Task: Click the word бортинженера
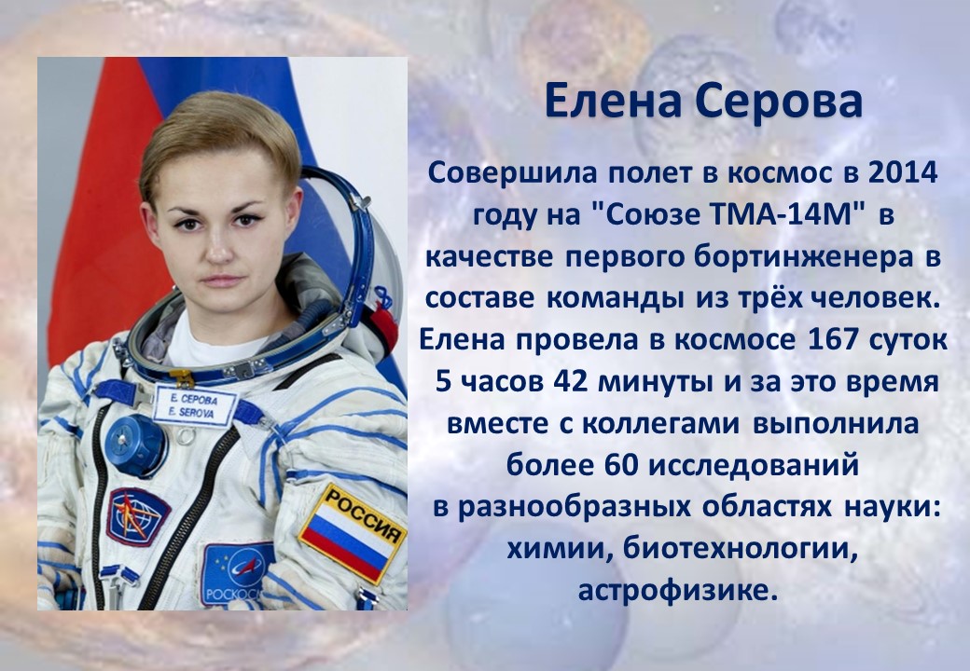(804, 257)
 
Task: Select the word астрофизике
(677, 590)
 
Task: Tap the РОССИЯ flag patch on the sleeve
(352, 532)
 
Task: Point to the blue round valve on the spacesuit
(134, 445)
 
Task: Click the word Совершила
(512, 174)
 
